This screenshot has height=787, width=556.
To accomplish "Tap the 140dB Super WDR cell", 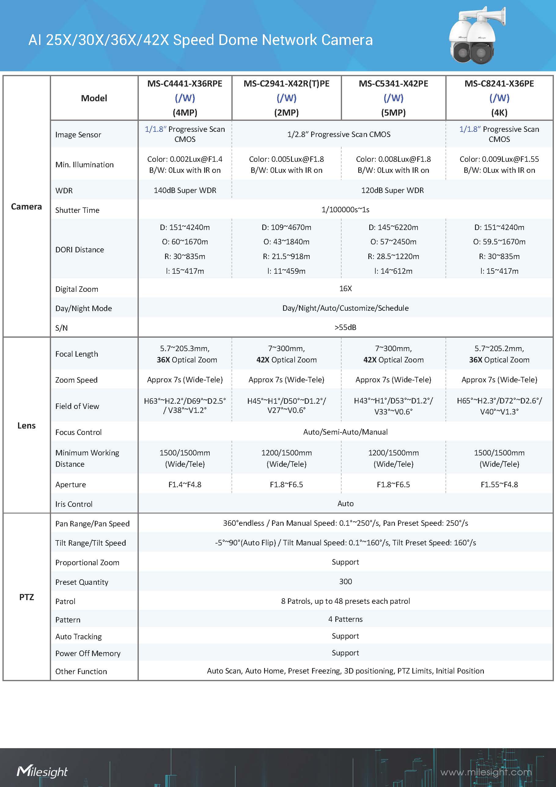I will point(185,190).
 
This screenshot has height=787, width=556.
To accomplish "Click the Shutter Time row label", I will point(77,210).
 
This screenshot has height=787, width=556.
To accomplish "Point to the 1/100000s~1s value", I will point(345,210).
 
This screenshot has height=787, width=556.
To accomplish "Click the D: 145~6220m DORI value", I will point(393,227).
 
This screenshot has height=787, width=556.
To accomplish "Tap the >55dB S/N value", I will point(345,327).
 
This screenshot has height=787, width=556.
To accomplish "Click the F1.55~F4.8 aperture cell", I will point(499,484).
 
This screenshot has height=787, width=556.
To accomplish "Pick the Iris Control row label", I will point(74,504).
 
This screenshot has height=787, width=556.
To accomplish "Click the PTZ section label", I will point(26,597).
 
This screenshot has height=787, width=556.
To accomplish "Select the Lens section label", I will point(26,425).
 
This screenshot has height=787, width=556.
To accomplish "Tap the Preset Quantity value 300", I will point(345,581).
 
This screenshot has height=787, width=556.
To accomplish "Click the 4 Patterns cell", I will point(345,619).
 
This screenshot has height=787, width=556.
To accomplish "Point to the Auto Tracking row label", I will point(79,637).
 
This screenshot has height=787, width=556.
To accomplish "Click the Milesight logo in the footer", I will point(42,771).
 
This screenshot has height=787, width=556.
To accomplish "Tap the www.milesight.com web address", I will point(486,772).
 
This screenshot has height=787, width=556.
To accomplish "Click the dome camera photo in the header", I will point(474,36).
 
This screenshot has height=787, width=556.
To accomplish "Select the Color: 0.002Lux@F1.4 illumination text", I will point(185,159).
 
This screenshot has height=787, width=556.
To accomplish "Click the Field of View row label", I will point(77,406).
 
